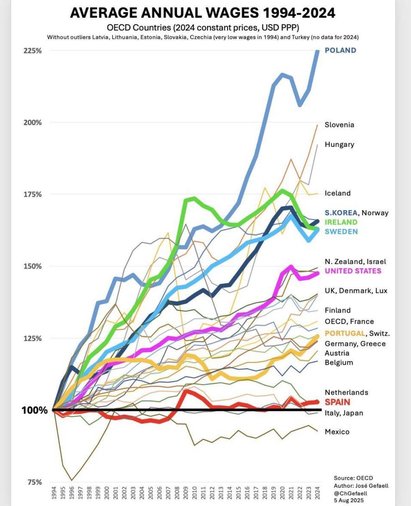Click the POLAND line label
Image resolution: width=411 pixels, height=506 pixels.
[x=340, y=50]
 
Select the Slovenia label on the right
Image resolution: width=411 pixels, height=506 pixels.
[x=339, y=125]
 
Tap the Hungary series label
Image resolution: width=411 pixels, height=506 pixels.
[x=339, y=144]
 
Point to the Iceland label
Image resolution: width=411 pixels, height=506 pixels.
[x=337, y=193]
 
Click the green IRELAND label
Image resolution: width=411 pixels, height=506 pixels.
[x=341, y=222]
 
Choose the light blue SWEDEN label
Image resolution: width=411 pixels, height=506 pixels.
[x=341, y=232]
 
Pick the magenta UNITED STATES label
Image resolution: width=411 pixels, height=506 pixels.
[x=353, y=271]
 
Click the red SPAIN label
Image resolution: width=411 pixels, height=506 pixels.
[x=337, y=402]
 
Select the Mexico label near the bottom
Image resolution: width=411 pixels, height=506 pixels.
[x=337, y=432]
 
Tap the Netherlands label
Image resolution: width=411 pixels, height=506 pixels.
[x=346, y=392]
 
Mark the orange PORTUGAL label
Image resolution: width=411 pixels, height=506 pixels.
[x=345, y=333]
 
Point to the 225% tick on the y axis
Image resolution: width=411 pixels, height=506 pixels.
[x=33, y=51]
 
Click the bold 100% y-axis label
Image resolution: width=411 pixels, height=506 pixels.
[x=35, y=410]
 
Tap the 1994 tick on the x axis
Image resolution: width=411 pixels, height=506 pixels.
[x=54, y=493]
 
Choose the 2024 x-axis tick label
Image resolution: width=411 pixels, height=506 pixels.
[x=317, y=493]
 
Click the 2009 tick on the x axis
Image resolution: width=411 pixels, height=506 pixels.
[x=186, y=493]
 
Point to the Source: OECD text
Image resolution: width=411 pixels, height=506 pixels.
[x=353, y=478]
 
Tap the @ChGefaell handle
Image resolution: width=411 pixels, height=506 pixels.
[x=350, y=493]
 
